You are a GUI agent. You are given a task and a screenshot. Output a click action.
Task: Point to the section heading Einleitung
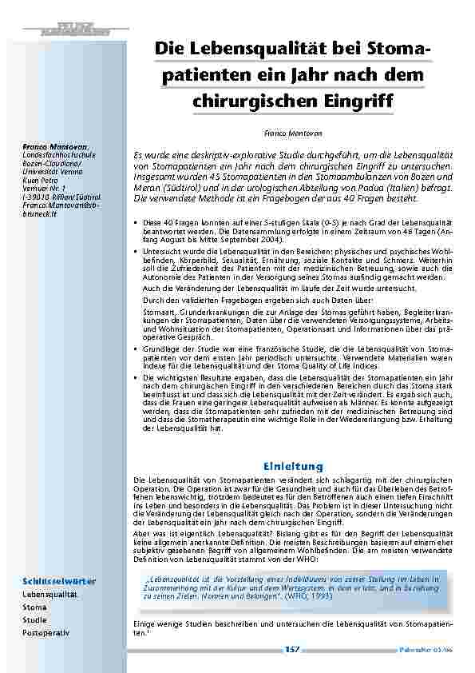pos(293,465)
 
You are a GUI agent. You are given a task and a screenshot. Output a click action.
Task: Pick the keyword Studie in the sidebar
pos(34,619)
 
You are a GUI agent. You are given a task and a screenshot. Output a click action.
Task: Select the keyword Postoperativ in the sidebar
pos(46,632)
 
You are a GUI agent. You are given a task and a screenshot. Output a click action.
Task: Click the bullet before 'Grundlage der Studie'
pos(135,350)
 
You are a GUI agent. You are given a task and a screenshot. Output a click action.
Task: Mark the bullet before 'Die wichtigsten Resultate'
pos(135,376)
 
